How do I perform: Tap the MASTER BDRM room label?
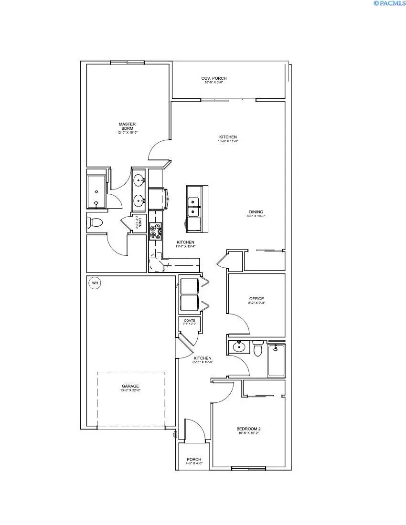click(x=128, y=126)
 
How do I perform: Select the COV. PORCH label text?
click(x=214, y=78)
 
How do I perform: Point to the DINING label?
click(x=256, y=212)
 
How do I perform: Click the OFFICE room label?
click(x=256, y=299)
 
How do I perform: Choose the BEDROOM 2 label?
click(x=249, y=429)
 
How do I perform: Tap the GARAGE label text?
click(x=130, y=386)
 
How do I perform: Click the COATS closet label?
click(x=190, y=321)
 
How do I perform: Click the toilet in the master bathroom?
click(x=95, y=222)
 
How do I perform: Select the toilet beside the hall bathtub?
click(x=258, y=349)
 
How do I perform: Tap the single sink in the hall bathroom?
click(x=238, y=347)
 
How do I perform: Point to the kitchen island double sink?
click(x=194, y=206)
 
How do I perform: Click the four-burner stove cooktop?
click(x=156, y=231)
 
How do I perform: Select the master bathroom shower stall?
click(x=97, y=191)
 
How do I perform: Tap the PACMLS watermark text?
click(x=389, y=3)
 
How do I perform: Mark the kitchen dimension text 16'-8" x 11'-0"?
click(x=228, y=141)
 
